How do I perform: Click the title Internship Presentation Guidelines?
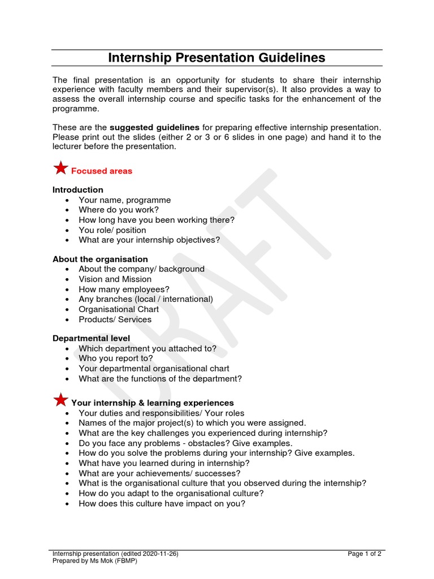click(216, 58)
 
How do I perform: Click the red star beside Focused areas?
click(60, 168)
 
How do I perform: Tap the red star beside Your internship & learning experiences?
click(60, 400)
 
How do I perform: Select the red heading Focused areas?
click(102, 171)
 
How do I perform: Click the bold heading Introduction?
click(78, 190)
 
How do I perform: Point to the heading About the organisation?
click(100, 259)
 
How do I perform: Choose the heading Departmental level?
click(91, 339)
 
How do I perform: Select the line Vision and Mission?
click(115, 279)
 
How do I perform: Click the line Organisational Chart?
click(119, 309)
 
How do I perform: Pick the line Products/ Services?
click(115, 319)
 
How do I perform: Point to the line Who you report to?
click(116, 358)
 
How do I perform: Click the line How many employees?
click(124, 289)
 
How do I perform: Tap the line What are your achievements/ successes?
click(159, 473)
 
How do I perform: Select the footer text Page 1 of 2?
click(364, 554)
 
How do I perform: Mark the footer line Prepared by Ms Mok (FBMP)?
click(94, 561)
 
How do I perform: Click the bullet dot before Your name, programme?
click(68, 200)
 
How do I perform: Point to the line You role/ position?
click(112, 230)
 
